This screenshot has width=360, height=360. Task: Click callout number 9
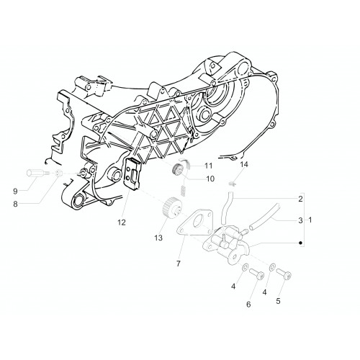pos(15,192)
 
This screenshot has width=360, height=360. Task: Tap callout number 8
pos(15,204)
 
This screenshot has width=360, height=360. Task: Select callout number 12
pos(122,222)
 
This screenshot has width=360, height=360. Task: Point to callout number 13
pos(158,238)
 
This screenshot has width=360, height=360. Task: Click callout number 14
pos(244,164)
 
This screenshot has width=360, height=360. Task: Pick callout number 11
pos(209,166)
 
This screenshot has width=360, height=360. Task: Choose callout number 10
pos(210,179)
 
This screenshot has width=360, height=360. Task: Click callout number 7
pos(178,264)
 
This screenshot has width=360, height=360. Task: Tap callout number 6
pos(248,305)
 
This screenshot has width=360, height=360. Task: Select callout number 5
pos(278,301)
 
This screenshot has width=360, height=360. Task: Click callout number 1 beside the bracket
pos(310,220)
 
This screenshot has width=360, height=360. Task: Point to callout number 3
pos(300,220)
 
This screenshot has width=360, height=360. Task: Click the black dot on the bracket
pos(300,243)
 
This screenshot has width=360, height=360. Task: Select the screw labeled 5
pos(284,274)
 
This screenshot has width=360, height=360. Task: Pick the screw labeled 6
pos(257,274)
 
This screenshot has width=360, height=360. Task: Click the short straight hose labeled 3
pos(265,217)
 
